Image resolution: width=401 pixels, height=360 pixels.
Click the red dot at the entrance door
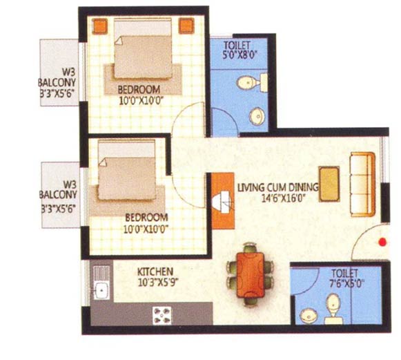(x=382, y=242)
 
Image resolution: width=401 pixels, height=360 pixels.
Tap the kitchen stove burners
(x=162, y=315)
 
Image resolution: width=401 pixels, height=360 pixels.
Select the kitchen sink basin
(x=101, y=290)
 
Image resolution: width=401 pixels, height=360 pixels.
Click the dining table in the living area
(x=251, y=274)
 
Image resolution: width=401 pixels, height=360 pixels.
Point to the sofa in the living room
(x=362, y=184)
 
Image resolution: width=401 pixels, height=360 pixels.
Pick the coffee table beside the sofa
(x=329, y=184)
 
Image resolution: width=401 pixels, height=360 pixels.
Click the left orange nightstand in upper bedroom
(x=99, y=26)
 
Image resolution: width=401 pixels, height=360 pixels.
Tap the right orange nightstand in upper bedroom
(x=186, y=26)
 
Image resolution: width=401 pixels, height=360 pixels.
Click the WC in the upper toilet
(x=252, y=82)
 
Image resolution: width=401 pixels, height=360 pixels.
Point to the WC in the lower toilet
(x=334, y=309)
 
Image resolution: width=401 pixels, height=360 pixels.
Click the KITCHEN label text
(x=155, y=272)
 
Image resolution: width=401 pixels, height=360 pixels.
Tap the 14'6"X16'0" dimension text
(x=284, y=198)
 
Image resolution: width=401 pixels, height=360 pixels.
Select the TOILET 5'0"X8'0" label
(x=239, y=50)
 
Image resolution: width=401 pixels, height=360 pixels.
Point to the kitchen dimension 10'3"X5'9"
(x=158, y=283)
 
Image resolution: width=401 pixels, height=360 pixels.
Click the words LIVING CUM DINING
(x=278, y=187)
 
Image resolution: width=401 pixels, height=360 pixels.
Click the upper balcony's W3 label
(x=69, y=73)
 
